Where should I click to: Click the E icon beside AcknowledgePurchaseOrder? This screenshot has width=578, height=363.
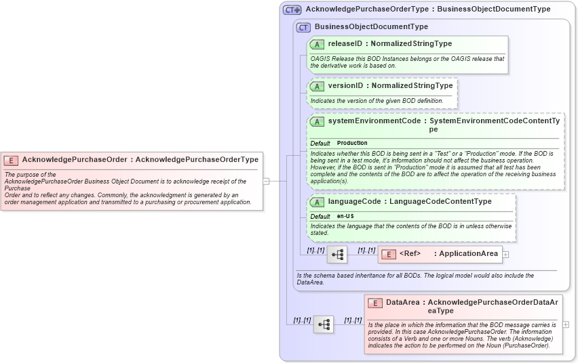click(x=11, y=160)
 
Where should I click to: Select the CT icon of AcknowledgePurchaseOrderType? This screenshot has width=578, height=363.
click(x=292, y=9)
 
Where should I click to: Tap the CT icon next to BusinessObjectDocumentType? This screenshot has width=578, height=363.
click(x=303, y=27)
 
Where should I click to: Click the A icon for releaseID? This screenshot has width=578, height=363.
click(x=317, y=44)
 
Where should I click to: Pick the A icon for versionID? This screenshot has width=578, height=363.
click(x=317, y=86)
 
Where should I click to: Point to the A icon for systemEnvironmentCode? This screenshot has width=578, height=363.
click(x=317, y=122)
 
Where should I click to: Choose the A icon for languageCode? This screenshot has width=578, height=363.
click(x=317, y=202)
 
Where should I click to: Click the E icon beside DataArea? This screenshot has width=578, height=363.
click(x=375, y=303)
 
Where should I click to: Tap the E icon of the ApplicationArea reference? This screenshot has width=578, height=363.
click(x=389, y=254)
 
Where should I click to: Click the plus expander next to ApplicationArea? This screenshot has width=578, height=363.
click(x=505, y=254)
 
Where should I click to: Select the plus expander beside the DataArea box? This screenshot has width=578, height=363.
click(x=566, y=324)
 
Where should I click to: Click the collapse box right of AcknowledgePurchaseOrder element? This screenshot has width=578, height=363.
click(x=267, y=181)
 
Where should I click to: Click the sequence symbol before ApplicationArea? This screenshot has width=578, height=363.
click(x=337, y=255)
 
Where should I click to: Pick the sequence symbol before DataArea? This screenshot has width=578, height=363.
click(x=324, y=324)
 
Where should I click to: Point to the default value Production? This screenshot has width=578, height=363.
click(x=352, y=144)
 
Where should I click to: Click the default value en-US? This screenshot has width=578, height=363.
click(x=347, y=217)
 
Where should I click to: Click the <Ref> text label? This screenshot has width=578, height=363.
click(x=410, y=254)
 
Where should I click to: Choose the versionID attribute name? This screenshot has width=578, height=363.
click(x=345, y=86)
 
